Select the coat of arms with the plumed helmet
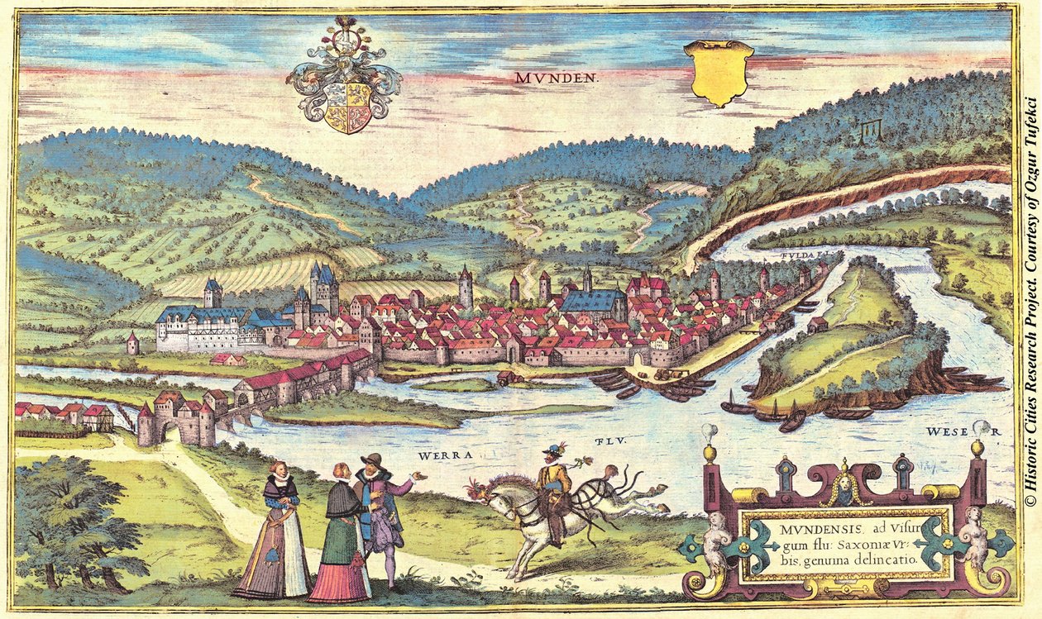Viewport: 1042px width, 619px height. point(346,79)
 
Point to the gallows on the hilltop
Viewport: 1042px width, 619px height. point(868,130)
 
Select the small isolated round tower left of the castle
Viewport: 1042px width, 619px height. point(155,343)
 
